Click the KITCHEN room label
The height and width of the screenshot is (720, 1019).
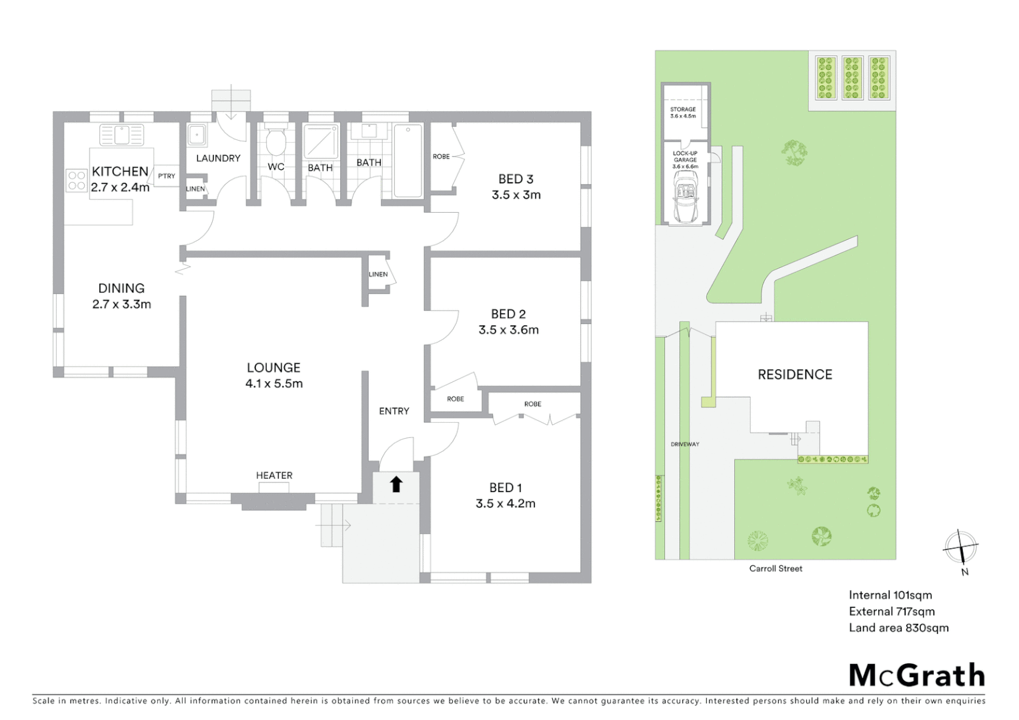point(120,171)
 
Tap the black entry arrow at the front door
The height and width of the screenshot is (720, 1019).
point(396,484)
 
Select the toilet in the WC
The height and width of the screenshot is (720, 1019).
point(275,141)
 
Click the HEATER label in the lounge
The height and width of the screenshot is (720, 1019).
point(274,475)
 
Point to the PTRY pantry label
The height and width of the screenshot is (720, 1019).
point(167,176)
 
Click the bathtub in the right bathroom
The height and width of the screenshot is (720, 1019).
point(407,161)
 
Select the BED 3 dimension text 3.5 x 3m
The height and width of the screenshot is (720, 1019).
point(516,195)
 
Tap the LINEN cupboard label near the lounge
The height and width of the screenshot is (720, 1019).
point(378,274)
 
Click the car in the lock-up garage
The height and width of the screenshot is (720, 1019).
point(686,196)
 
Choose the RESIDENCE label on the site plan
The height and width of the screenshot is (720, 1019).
point(795,375)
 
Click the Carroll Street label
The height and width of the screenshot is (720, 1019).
point(776,569)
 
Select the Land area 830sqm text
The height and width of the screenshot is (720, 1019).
point(898,627)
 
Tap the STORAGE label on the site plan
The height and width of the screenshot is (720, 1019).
point(683,109)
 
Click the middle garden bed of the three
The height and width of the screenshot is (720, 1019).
point(852,77)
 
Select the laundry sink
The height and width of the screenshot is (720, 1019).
point(196,135)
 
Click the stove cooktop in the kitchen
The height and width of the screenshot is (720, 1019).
point(77,181)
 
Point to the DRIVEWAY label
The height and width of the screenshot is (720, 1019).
point(685,444)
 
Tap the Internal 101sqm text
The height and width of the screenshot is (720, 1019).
point(890,595)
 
